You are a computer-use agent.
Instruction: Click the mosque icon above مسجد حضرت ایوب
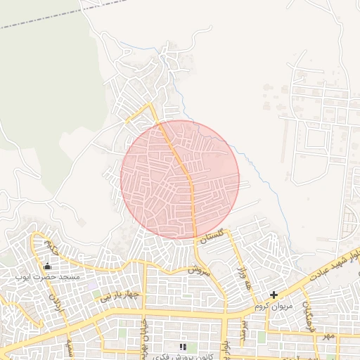coord(48,266)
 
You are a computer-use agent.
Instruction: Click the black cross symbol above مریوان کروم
coord(274,295)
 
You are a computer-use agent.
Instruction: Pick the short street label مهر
coord(328,336)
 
